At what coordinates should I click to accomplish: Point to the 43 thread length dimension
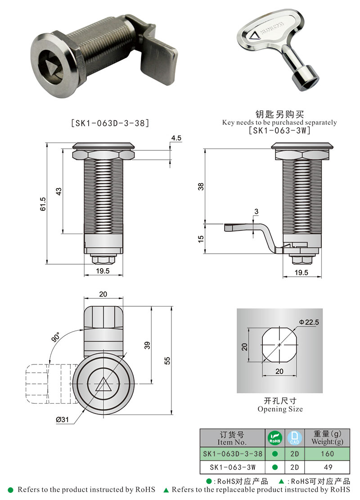[58, 191]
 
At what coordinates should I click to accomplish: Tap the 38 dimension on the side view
[201, 186]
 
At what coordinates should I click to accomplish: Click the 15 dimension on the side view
[201, 238]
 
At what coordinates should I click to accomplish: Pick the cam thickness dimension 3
[256, 211]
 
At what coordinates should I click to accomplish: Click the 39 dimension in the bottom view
[147, 345]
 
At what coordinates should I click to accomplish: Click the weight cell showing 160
[327, 454]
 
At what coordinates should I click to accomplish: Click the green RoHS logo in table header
[274, 437]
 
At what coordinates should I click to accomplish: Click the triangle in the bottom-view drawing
[103, 385]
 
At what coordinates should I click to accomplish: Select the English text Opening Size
[280, 409]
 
